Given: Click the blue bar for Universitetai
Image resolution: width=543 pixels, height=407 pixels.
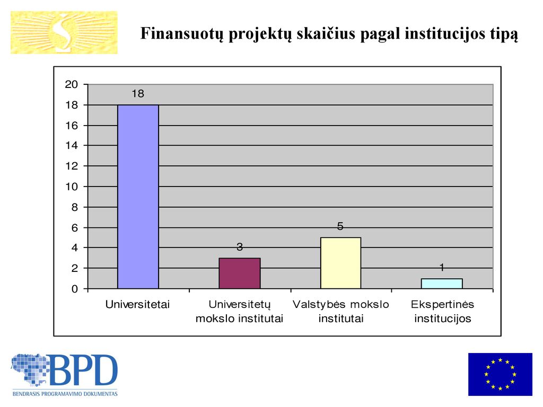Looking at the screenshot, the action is tap(138, 197).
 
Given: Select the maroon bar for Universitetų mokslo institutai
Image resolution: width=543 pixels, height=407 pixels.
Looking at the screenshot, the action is tap(240, 273).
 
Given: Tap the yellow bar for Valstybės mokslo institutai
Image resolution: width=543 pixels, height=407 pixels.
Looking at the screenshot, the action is tap(341, 263).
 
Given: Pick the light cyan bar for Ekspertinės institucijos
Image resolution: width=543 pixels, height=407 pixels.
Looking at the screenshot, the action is tap(442, 284).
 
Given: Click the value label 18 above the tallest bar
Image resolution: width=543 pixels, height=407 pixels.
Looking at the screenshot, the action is tap(138, 93).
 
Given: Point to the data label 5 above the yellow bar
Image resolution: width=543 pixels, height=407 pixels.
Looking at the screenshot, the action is tap(340, 226).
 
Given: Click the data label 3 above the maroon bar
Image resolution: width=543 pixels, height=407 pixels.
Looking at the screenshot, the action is tap(240, 247).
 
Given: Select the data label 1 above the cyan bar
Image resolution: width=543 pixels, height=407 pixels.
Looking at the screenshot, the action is tap(442, 267).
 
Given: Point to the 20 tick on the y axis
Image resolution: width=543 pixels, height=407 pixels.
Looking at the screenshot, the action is tap(72, 84).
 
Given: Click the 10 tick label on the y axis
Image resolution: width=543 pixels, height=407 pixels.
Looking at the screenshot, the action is tap(72, 187).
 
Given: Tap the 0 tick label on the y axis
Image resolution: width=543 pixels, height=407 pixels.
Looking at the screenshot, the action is tap(74, 289).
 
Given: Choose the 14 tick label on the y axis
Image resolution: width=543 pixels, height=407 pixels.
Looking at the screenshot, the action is tap(72, 145).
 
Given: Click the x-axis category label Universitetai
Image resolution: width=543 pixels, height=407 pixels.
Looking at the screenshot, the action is tap(137, 305).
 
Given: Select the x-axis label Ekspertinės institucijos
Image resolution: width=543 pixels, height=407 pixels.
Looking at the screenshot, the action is tap(443, 312).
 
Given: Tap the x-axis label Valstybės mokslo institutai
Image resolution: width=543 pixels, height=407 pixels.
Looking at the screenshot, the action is tap(341, 312).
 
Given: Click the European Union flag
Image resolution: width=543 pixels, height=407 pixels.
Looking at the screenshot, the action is tap(500, 374).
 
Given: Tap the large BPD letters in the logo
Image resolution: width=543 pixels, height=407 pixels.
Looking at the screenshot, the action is tap(84, 369).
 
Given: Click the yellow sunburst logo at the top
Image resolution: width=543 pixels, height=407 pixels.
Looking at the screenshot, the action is tap(64, 32).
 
